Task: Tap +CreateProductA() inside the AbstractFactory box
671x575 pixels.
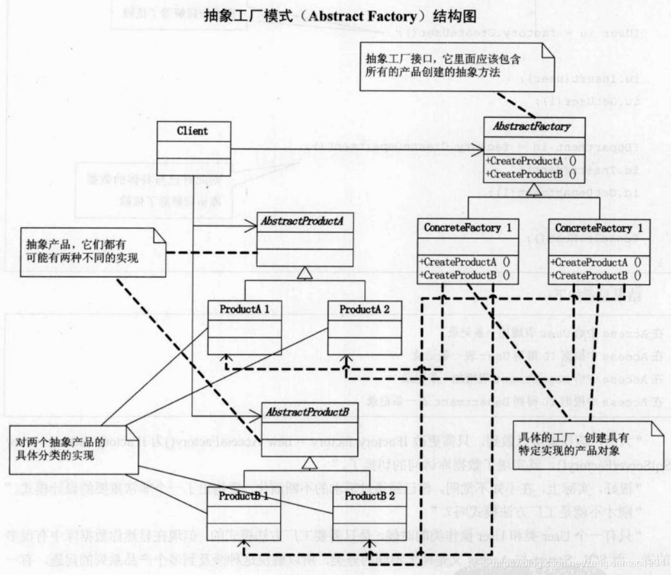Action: pyautogui.click(x=522, y=161)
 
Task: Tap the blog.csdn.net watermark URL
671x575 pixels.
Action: pyautogui.click(x=578, y=563)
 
